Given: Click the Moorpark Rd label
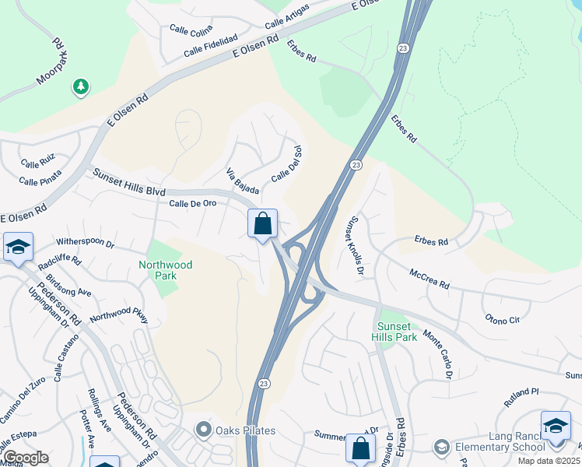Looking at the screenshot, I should pos(49,60).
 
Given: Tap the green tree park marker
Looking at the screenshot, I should pos(80,87).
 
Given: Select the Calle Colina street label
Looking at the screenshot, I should pos(191,30).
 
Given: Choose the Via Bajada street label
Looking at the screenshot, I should pos(241,181).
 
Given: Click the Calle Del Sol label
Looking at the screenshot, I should pos(286,164).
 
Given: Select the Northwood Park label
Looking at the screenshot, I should pos(165,270).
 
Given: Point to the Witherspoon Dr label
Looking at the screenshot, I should pos(84,244).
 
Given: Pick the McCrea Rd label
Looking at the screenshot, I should pos(429,278).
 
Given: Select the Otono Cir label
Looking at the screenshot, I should pos(502,318).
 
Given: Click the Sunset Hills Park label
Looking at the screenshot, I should pos(397,332).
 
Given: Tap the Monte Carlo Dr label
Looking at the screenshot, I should pos(438,353).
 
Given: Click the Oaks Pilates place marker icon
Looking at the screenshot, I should pos(204,430).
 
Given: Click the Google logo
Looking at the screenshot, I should pos(26,458).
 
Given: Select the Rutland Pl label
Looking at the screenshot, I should pos(521,396).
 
